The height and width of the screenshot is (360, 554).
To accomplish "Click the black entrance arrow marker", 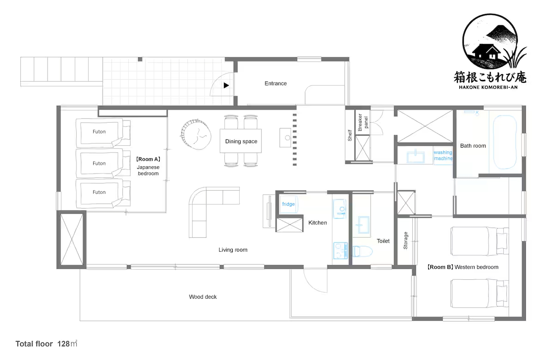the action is [226, 85].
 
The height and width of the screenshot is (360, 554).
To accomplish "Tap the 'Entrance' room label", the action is [276, 84].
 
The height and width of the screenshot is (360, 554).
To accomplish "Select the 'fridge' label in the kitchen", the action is [289, 204].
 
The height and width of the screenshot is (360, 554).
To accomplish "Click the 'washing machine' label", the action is [443, 155].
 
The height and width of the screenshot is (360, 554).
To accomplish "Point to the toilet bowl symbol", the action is [362, 252].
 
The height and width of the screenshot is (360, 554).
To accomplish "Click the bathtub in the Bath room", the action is [505, 142].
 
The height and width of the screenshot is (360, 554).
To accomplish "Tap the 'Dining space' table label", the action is [241, 141].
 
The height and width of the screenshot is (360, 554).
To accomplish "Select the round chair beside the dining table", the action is [196, 134].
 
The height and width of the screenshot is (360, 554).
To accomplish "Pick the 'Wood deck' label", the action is [203, 297].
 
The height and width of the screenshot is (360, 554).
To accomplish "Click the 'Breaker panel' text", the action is [363, 122].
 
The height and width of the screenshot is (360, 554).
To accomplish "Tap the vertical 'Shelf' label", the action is [350, 136].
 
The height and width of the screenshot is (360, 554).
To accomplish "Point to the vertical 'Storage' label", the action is [405, 240].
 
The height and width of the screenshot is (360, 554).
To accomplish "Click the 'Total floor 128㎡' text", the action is [46, 344].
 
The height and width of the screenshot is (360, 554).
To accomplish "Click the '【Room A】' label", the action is [148, 159].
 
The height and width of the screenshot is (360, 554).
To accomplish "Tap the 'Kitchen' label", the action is [318, 223].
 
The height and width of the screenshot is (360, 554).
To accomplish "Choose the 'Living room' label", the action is [233, 250].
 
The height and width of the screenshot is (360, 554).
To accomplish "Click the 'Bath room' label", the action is [473, 146].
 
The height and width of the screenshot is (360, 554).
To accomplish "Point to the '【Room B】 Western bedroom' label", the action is [463, 267].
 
